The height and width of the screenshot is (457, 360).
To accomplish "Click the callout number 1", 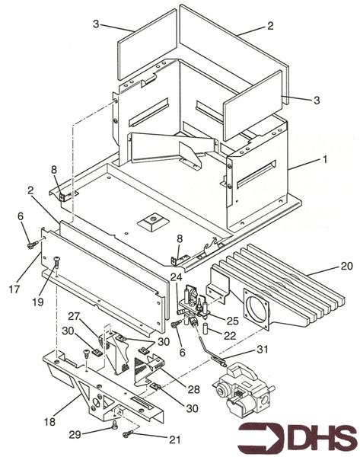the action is click(x=324, y=160).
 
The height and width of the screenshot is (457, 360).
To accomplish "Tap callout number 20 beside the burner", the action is click(x=346, y=266).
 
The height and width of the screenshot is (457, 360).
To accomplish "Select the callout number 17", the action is click(x=14, y=289).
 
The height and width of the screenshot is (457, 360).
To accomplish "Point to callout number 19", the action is click(x=37, y=302).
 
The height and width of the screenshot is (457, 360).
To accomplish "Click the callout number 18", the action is click(x=49, y=422).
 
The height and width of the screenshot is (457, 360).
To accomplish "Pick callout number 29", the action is click(x=75, y=435).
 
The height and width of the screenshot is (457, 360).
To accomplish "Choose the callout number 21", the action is click(x=174, y=439).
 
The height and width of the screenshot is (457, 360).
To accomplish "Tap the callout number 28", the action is click(x=194, y=389).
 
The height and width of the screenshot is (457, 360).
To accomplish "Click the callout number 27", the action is click(x=74, y=316).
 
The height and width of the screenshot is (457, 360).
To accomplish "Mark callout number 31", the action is click(x=262, y=349).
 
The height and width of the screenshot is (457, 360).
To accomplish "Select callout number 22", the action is click(x=230, y=336).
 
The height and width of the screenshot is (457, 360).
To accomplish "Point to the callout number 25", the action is click(x=232, y=321).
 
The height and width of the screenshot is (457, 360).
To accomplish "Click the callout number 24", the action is click(x=177, y=277).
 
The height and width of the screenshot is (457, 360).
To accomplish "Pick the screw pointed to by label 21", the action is click(x=128, y=434).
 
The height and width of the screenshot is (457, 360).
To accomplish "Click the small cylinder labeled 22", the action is click(x=205, y=328).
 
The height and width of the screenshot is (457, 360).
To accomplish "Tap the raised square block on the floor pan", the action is click(x=153, y=222).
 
